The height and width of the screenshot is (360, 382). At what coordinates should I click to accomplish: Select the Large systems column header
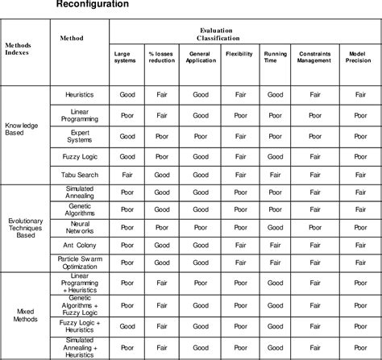coord(126,57)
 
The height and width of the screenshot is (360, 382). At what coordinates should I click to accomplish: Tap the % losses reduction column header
coord(162,57)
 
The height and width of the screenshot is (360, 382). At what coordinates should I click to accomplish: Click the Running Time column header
coord(276,57)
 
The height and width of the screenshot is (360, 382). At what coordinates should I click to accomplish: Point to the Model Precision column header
coord(359,57)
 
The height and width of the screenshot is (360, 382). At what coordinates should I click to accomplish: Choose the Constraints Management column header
coord(314,57)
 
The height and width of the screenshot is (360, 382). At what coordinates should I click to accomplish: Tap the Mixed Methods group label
coord(26,314)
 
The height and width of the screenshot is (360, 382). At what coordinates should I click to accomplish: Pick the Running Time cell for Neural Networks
coord(276,226)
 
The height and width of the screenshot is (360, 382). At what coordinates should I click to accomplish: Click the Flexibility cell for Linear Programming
coord(241,114)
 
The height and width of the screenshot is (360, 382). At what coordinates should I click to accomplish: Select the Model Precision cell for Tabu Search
coord(359,173)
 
